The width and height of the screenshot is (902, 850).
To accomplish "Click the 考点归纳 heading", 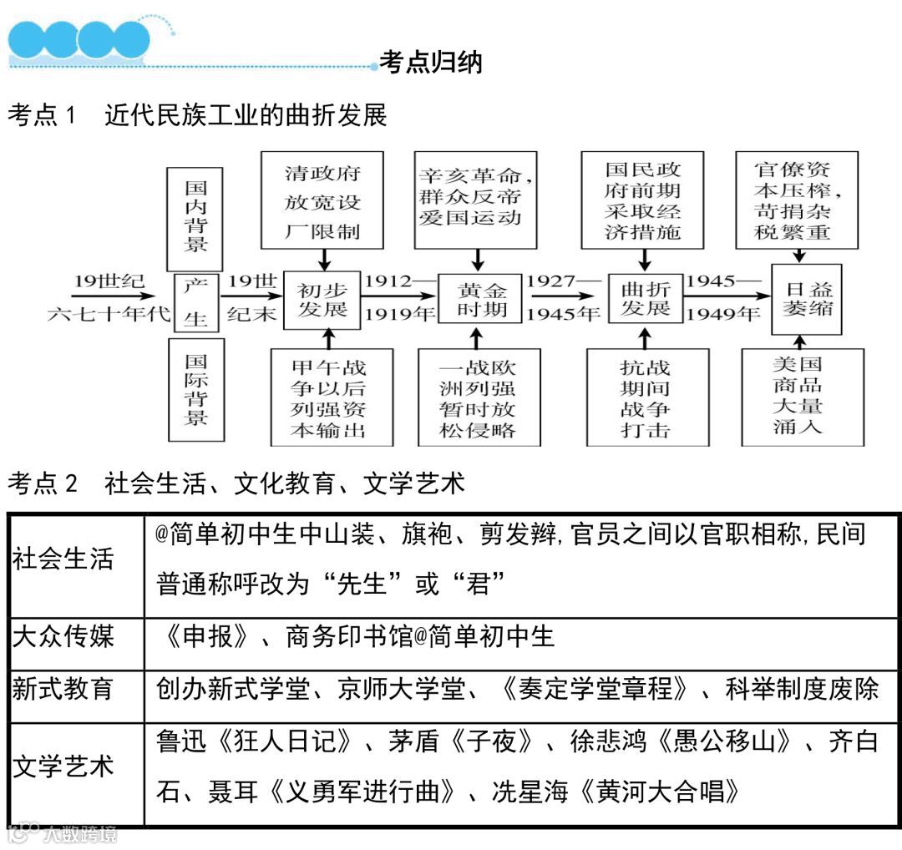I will coord(431,63).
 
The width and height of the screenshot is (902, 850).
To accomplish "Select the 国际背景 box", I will coord(195,389).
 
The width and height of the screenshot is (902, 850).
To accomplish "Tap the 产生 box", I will coord(195,302).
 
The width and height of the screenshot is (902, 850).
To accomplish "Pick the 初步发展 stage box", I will coord(322,300).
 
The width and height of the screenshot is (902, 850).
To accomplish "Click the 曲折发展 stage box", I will coord(645,299).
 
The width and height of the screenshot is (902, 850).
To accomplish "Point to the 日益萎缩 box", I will coord(806,300).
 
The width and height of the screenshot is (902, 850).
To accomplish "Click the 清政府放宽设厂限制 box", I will coord(322,200).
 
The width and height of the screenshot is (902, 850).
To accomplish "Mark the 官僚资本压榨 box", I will coord(797,199).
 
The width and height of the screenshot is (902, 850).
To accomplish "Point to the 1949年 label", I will coord(723,315).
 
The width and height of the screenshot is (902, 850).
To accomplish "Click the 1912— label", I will coord(399,281).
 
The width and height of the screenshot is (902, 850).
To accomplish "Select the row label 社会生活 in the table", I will coord(63,559).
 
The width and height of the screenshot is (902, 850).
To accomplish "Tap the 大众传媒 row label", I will coord(63,637).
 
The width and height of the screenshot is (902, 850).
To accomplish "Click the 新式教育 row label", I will coord(63,691).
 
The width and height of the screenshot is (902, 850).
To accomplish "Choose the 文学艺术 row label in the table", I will coord(63,767).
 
